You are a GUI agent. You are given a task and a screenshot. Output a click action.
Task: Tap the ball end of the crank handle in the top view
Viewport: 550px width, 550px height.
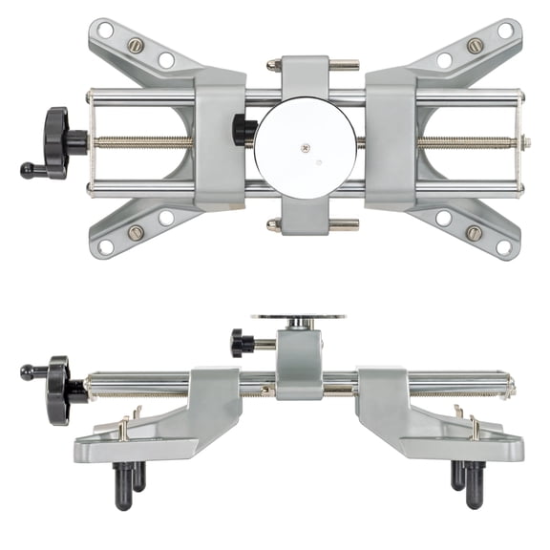point(27,171)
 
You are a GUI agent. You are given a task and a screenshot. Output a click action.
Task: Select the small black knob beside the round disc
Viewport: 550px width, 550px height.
point(243,129)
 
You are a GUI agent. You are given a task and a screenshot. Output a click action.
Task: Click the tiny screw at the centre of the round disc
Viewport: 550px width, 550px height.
point(305,147)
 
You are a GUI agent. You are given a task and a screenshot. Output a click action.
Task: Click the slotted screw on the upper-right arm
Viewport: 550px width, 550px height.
point(474,45)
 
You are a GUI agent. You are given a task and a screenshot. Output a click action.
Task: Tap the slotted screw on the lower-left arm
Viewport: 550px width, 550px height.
point(137,232)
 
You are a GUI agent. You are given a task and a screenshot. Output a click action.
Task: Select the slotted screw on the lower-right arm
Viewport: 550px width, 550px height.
point(474,232)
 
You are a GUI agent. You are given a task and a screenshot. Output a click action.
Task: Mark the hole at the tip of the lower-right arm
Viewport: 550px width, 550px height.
point(504,247)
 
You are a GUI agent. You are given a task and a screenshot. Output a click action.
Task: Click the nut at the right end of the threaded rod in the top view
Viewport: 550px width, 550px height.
point(526,142)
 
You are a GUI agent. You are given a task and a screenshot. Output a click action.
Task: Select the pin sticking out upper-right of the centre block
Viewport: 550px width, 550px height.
point(345,65)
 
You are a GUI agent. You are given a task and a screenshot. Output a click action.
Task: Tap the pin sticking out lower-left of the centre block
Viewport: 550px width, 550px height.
point(273,225)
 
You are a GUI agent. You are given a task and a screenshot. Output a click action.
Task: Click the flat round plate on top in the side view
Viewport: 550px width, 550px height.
point(299,317)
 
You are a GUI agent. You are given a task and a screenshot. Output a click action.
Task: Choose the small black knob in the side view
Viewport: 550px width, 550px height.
point(242,342)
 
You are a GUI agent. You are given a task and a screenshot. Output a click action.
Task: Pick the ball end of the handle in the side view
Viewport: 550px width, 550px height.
point(27,371)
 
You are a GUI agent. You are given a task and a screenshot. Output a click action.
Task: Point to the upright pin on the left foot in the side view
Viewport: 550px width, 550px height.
point(122,428)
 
